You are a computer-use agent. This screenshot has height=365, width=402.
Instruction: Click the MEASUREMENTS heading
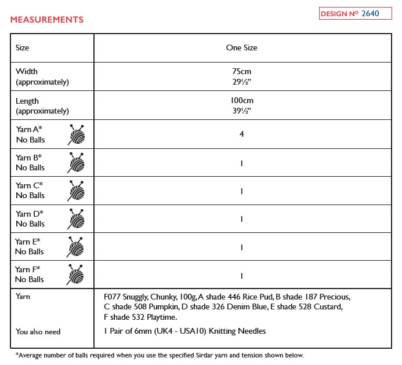(x=47, y=20)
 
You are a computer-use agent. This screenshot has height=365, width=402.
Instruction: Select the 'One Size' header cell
(x=241, y=48)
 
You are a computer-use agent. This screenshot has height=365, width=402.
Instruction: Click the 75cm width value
(x=241, y=71)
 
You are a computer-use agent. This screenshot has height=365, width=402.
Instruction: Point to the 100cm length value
(x=241, y=100)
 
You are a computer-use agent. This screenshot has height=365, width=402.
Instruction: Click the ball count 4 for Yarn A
(x=241, y=134)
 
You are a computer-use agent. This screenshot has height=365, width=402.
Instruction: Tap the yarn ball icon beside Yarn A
(x=76, y=134)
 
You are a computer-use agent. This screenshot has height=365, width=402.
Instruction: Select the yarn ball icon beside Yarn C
(x=76, y=190)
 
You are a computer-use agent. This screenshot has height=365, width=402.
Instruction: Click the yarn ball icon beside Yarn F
(x=76, y=274)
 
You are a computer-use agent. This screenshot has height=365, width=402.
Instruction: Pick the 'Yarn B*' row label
(x=29, y=157)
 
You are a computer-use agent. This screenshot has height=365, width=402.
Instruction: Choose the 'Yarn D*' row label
(x=29, y=213)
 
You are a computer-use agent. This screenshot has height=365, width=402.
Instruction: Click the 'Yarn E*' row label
(x=28, y=241)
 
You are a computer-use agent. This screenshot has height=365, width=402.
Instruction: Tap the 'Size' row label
(x=23, y=48)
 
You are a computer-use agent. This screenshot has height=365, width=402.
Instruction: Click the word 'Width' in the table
(x=27, y=71)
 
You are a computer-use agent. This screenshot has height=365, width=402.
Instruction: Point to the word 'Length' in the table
(x=27, y=101)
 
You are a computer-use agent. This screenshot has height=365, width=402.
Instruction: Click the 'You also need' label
(x=38, y=331)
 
